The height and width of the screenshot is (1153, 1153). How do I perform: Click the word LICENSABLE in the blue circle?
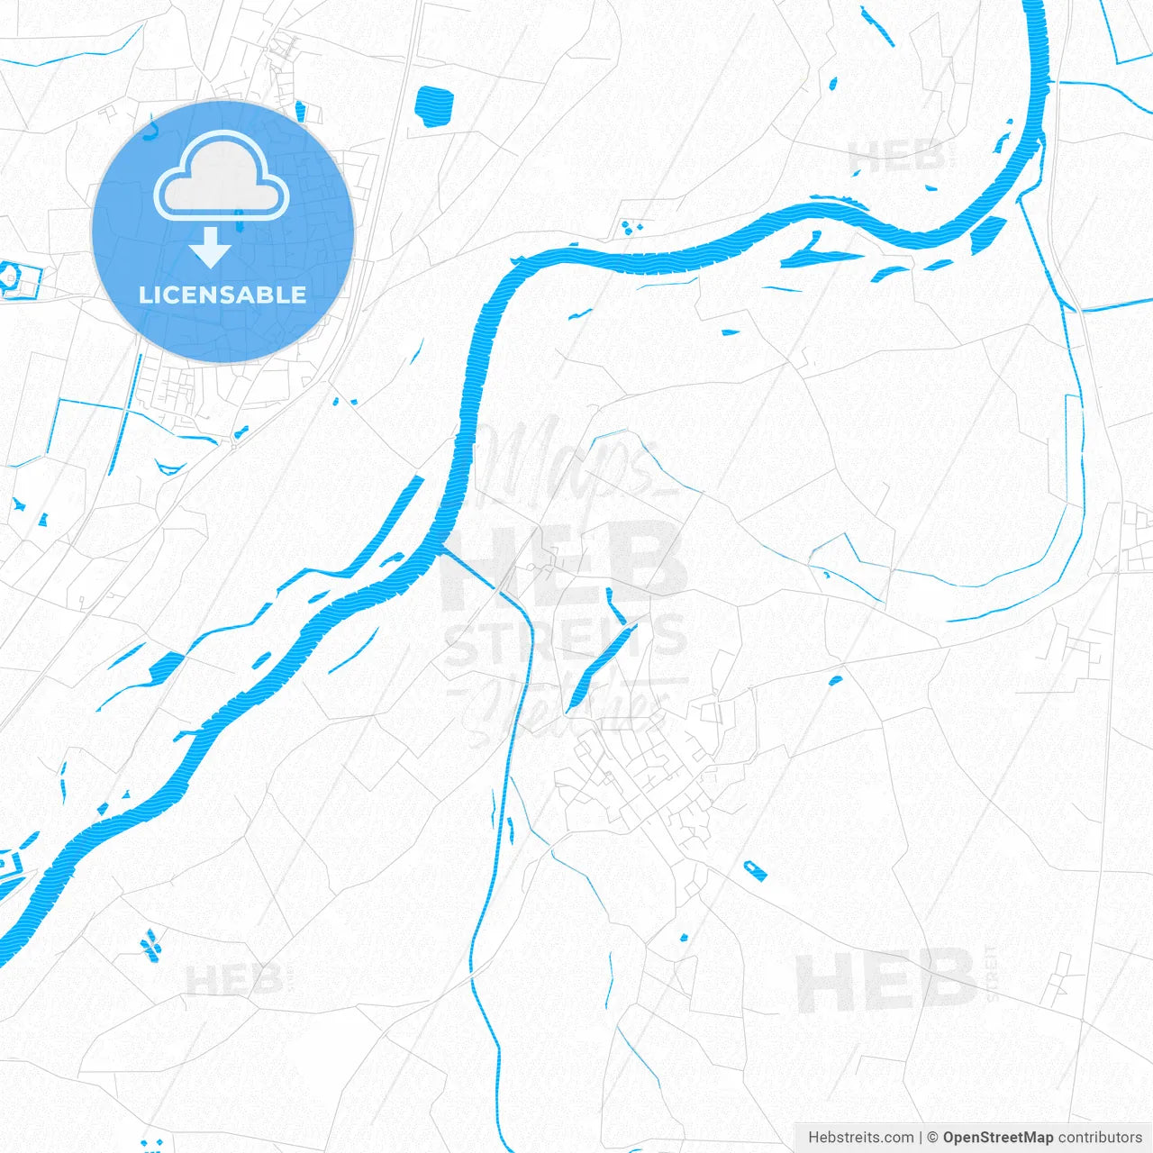[x=222, y=295]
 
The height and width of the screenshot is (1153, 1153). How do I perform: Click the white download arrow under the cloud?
[x=211, y=247]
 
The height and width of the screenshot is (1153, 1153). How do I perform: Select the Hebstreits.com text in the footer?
[x=860, y=1137]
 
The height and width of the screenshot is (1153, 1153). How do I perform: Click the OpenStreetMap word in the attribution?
[x=997, y=1137]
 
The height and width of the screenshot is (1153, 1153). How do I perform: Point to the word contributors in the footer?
[x=1100, y=1137]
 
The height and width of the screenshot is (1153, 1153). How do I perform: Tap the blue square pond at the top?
[x=434, y=105]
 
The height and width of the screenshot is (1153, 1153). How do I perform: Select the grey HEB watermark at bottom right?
[x=886, y=981]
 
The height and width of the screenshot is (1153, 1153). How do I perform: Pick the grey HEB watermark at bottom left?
[x=233, y=979]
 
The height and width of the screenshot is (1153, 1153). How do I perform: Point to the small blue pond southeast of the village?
[x=755, y=870]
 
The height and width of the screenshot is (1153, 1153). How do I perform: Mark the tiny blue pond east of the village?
[x=835, y=679]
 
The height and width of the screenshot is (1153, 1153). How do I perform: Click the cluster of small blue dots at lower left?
[x=150, y=944]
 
